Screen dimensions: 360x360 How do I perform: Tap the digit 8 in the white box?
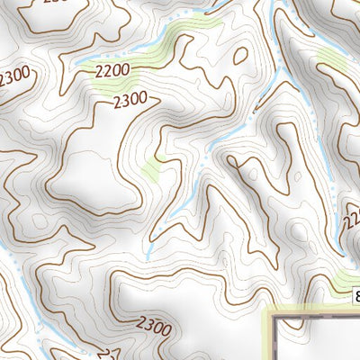point(356,297)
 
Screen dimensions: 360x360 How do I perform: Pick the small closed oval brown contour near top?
point(240,55)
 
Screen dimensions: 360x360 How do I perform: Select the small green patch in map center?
point(150,169)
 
